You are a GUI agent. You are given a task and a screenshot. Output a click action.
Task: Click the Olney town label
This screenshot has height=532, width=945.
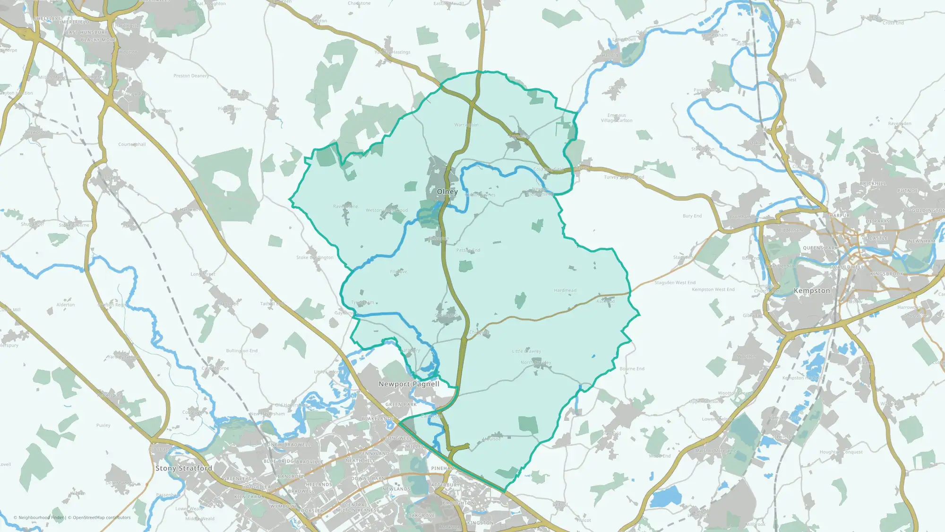[447, 192]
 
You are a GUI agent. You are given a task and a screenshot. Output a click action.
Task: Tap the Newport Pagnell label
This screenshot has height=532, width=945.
[409, 384]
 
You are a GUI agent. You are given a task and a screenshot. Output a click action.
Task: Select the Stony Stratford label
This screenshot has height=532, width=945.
[184, 468]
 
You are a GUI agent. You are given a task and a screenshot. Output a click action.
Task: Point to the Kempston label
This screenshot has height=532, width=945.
[812, 290]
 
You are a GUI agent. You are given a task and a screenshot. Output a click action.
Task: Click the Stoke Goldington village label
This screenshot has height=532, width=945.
[315, 258]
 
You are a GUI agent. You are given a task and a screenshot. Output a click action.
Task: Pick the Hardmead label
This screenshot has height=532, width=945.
[565, 290]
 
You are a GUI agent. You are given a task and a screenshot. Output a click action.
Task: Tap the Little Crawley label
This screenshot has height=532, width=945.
[526, 351]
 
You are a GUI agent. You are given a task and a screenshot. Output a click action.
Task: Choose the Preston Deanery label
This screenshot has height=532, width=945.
[191, 76]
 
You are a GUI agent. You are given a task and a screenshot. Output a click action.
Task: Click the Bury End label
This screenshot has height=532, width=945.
[692, 216]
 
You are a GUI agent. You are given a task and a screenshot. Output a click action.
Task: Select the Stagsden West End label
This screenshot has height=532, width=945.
[675, 283]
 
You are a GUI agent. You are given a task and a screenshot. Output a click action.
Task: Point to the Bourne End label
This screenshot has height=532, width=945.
[632, 369]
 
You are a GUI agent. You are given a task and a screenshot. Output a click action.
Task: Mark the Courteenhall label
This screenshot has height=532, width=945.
[132, 144]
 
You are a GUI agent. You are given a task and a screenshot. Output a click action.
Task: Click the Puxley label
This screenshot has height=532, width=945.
[103, 425]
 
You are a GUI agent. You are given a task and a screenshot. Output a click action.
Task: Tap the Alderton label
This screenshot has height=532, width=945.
[66, 305]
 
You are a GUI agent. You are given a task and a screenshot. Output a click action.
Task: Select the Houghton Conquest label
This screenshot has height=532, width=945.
[841, 452]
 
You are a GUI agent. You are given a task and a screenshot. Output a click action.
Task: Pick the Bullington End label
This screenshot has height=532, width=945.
[241, 351]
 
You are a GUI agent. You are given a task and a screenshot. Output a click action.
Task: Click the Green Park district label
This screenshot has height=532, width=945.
[401, 405]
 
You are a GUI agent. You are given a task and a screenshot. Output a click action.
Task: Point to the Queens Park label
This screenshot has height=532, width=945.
[820, 248]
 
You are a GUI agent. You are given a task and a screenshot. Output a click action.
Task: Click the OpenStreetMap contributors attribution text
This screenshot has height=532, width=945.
[102, 517]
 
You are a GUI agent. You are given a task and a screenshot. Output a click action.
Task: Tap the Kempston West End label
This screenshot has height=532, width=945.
[713, 289]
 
